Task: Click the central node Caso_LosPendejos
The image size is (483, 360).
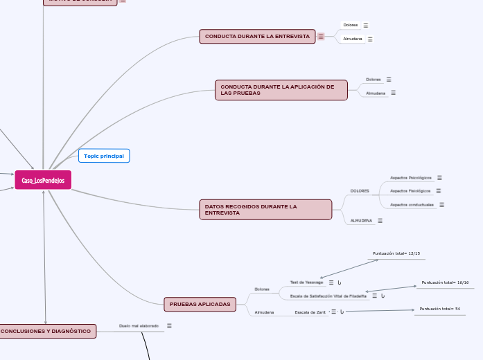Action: [x=43, y=180]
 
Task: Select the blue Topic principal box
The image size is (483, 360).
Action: [x=104, y=156]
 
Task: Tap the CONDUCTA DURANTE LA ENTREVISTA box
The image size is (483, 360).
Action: [x=257, y=36]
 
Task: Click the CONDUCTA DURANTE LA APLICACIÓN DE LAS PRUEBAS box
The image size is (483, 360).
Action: [x=281, y=90]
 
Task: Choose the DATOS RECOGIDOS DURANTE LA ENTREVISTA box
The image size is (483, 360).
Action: [x=265, y=210]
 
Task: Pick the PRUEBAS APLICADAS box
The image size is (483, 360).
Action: [x=200, y=304]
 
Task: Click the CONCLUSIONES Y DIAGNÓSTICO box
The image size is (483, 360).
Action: [x=46, y=332]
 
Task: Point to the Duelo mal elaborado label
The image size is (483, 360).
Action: [x=139, y=325]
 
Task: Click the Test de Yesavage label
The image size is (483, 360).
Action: [x=306, y=282]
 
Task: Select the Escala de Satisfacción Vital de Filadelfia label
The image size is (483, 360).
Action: [x=328, y=296]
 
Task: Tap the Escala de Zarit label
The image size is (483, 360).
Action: [x=310, y=312]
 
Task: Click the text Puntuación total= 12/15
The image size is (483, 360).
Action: [x=396, y=253]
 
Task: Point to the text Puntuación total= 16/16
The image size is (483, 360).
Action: [x=445, y=282]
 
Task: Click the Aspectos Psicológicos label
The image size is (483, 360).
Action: [x=410, y=177]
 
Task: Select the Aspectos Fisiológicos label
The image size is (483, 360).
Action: [x=410, y=190]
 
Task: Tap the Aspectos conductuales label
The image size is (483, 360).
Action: [x=412, y=205]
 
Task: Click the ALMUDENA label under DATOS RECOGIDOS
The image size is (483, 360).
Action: [x=361, y=220]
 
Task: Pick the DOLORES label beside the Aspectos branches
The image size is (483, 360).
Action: [x=360, y=190]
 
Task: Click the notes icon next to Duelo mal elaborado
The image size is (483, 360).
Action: [x=169, y=325]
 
